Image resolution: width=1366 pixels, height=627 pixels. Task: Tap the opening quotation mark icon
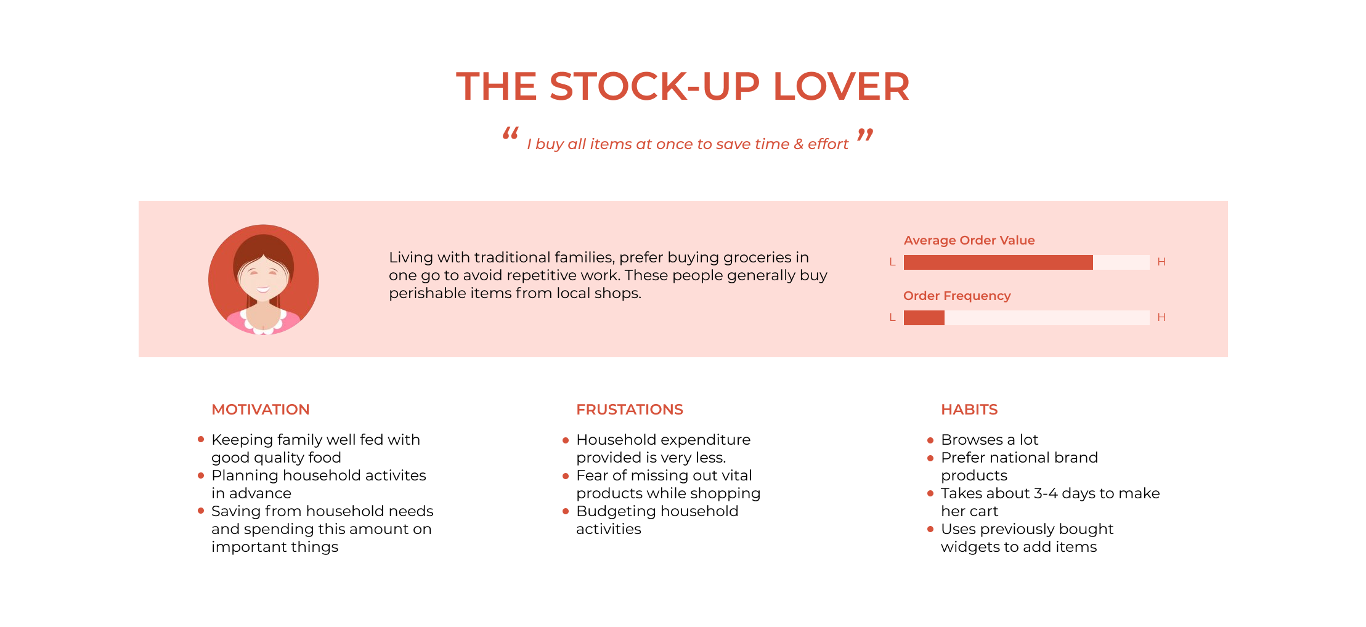(x=510, y=133)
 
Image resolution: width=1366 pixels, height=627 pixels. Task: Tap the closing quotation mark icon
(x=865, y=134)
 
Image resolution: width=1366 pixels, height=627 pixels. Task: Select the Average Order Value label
(x=969, y=240)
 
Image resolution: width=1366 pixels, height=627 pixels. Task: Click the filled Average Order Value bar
(x=998, y=262)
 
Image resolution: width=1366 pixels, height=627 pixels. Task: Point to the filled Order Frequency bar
(x=924, y=317)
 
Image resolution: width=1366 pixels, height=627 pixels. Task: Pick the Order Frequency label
(x=957, y=296)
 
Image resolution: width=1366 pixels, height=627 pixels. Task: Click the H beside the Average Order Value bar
(x=1161, y=262)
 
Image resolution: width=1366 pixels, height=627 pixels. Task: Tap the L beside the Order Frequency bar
(x=892, y=317)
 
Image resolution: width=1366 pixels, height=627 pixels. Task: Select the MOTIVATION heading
(x=261, y=410)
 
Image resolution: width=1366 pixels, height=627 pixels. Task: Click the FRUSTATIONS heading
(x=630, y=410)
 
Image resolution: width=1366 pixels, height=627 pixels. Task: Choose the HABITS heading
(x=969, y=410)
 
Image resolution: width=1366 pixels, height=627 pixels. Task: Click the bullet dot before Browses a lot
(x=930, y=440)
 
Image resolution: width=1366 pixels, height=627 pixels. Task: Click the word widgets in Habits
(x=970, y=547)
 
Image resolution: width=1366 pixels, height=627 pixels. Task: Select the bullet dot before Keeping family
(x=201, y=439)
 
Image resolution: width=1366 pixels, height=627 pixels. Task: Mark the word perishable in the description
(x=428, y=293)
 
